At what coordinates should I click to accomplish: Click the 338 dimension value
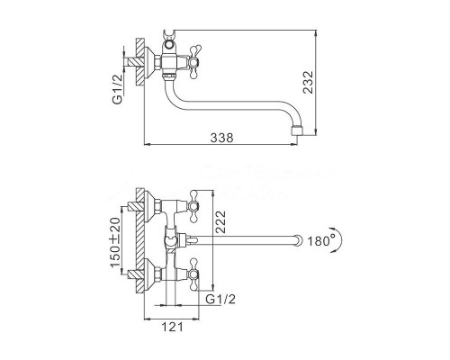(221, 138)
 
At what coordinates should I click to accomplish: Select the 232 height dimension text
(308, 82)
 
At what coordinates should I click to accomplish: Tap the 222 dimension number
(220, 222)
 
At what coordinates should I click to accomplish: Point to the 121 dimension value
(172, 327)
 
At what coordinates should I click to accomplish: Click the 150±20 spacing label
(115, 242)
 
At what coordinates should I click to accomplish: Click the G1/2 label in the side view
(118, 89)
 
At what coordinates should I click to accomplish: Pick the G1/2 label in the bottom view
(221, 299)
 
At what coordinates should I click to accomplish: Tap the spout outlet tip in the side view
(297, 131)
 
